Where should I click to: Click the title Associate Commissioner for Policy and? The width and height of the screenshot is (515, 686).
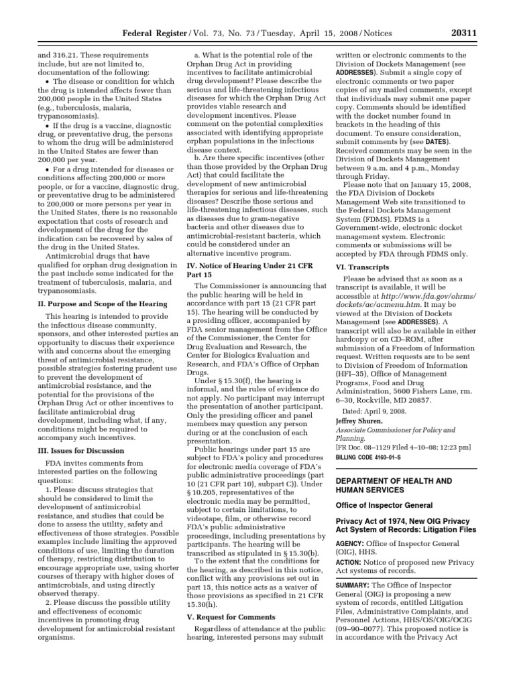coord(394,429)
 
